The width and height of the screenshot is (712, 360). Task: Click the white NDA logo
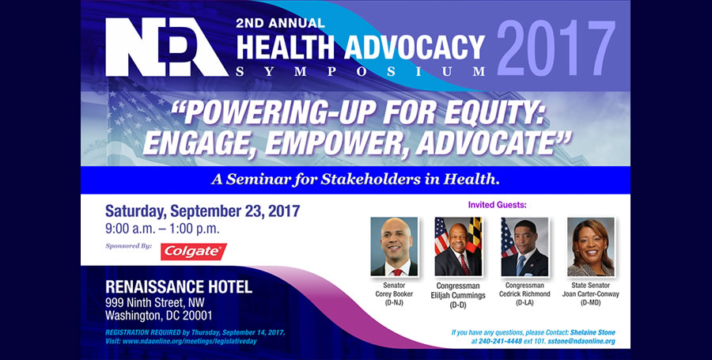pyautogui.click(x=167, y=47)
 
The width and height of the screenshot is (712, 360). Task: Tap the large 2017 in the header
pyautogui.click(x=556, y=48)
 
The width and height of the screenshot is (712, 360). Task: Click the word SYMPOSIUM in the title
pyautogui.click(x=361, y=71)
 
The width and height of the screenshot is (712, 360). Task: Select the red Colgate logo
pyautogui.click(x=194, y=252)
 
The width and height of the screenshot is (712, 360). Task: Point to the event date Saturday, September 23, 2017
pyautogui.click(x=203, y=211)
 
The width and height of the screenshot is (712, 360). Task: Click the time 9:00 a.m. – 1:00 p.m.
pyautogui.click(x=162, y=229)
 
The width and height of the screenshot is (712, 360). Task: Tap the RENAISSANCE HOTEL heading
pyautogui.click(x=179, y=287)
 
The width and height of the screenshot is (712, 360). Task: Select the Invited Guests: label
pyautogui.click(x=498, y=205)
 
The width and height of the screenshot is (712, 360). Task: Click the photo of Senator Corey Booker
pyautogui.click(x=394, y=247)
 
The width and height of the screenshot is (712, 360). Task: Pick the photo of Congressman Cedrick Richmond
pyautogui.click(x=525, y=247)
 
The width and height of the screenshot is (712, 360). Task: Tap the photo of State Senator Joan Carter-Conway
pyautogui.click(x=591, y=247)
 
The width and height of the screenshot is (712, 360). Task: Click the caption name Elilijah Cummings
pyautogui.click(x=458, y=296)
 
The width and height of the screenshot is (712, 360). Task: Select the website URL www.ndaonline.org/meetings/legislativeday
pyautogui.click(x=189, y=341)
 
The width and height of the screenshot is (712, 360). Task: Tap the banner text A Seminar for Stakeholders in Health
pyautogui.click(x=355, y=180)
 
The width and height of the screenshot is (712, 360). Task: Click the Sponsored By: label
pyautogui.click(x=128, y=247)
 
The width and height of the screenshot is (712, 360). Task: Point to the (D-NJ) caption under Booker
pyautogui.click(x=394, y=303)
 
